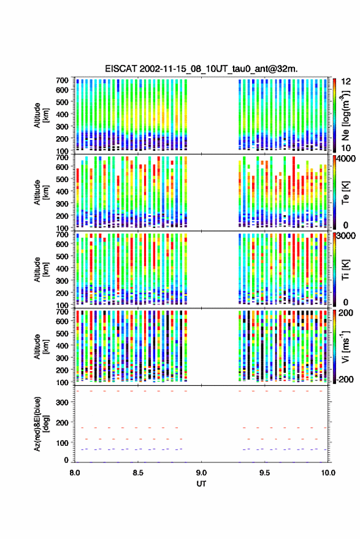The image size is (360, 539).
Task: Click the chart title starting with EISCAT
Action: click(201, 69)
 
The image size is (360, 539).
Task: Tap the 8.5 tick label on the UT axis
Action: click(138, 473)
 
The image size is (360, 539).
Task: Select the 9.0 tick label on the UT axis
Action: click(201, 473)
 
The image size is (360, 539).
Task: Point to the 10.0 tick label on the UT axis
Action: click(328, 473)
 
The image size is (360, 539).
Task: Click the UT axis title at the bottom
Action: click(201, 484)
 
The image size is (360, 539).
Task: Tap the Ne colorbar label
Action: click(346, 115)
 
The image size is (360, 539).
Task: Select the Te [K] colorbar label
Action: click(346, 193)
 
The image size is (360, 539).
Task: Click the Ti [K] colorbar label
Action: click(346, 270)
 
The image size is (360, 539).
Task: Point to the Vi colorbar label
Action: click(346, 347)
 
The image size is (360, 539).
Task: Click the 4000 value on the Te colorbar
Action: click(346, 159)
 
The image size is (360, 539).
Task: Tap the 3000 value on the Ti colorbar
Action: click(346, 236)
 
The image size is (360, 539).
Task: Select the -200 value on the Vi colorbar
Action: click(346, 380)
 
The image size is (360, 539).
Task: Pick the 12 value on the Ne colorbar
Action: click(347, 82)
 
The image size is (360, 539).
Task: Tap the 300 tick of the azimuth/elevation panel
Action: click(63, 402)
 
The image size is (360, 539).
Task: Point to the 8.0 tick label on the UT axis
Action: click(75, 473)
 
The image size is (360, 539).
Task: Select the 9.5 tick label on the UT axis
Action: click(264, 473)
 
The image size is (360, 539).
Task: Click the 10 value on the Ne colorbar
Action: click(347, 148)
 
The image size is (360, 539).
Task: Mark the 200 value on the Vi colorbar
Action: click(346, 313)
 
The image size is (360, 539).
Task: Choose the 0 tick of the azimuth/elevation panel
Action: click(67, 460)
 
